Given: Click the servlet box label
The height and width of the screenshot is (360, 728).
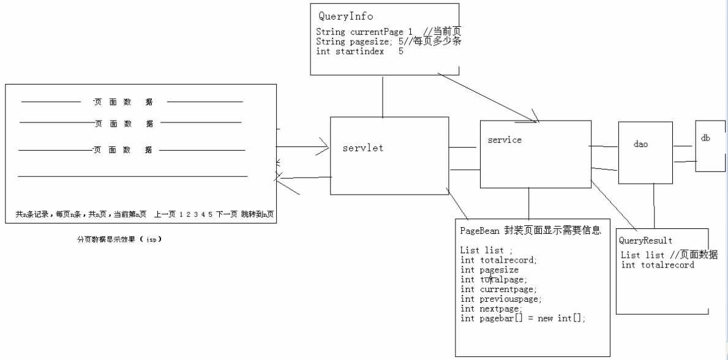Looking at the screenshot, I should tap(363, 148).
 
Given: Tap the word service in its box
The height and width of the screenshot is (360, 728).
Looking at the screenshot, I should tap(505, 140).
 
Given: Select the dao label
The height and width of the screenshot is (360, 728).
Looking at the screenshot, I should tap(640, 144).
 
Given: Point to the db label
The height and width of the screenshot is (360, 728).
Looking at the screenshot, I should tap(705, 138).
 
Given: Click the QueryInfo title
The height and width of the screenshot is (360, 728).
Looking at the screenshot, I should tap(346, 17).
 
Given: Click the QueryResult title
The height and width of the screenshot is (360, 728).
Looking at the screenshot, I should tap(645, 241).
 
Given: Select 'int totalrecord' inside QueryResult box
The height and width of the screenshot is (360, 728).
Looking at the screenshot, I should tap(657, 265).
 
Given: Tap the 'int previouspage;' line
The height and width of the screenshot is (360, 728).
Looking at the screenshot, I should tap(501, 299).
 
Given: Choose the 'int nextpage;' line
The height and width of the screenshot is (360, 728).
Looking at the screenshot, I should tap(491, 309).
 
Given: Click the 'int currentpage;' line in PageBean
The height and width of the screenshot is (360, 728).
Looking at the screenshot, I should tap(498, 289).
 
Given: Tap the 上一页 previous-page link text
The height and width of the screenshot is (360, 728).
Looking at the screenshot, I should tap(164, 214).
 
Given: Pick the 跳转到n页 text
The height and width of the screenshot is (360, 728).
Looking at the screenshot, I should tap(257, 214).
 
